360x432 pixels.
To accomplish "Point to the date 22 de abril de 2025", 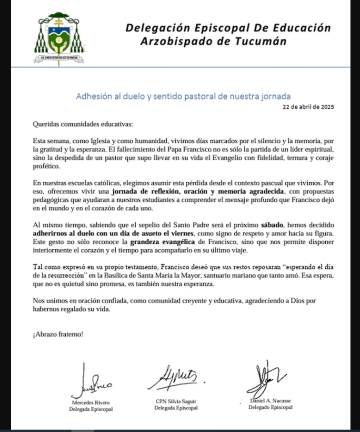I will point(308,107).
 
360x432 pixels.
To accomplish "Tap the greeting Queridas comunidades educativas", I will point(83,124).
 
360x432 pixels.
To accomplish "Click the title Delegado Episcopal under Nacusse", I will point(270,407).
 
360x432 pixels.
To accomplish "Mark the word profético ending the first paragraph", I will point(47,167).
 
